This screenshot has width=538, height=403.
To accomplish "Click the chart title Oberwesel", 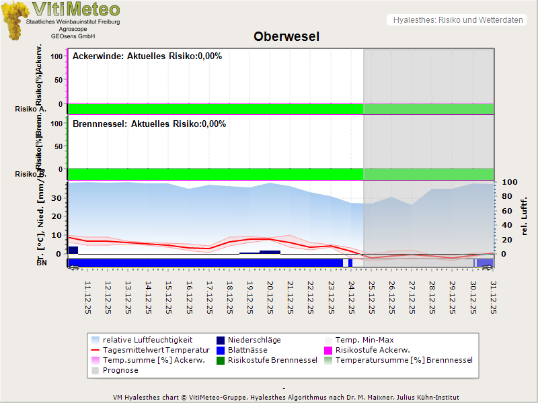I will pos(286,36).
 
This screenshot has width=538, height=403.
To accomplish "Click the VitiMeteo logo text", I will pos(75,9).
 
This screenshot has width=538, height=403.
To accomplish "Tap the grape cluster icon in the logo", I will pos(15,20).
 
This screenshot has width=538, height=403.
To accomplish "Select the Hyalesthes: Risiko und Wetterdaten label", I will pos(457,20).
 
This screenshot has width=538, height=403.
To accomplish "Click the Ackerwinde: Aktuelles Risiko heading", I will pos(147,56).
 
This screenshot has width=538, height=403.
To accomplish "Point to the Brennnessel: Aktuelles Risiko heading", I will pos(149,124).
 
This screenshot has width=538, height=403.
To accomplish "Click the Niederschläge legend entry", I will pos(254,340).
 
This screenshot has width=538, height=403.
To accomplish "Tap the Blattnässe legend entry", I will pos(247,350).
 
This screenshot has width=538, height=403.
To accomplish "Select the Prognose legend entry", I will pos(120,370).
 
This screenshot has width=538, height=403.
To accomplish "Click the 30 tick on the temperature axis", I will pos(57,197).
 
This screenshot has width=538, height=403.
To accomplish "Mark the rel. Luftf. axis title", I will pos(525,214).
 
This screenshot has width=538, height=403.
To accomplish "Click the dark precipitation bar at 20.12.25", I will pos(270,252).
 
